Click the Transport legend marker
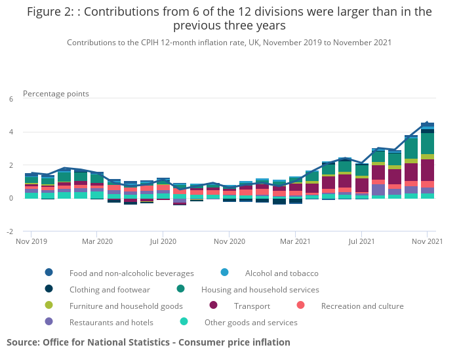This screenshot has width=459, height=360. pyautogui.click(x=213, y=306)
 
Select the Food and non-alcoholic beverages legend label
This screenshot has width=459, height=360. pyautogui.click(x=131, y=273)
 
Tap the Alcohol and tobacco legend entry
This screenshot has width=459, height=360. pyautogui.click(x=281, y=273)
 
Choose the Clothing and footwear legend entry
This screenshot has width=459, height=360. pyautogui.click(x=110, y=289)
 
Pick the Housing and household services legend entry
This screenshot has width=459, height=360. pyautogui.click(x=260, y=289)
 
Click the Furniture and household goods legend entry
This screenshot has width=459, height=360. pyautogui.click(x=126, y=306)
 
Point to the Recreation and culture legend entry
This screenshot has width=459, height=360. pyautogui.click(x=362, y=306)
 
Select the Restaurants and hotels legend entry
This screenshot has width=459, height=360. pyautogui.click(x=111, y=322)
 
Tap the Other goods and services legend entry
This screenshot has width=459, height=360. pyautogui.click(x=250, y=322)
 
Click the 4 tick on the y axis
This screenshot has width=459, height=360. pyautogui.click(x=10, y=132)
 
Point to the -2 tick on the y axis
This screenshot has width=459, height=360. pyautogui.click(x=10, y=231)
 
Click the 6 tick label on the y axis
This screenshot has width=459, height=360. pyautogui.click(x=10, y=99)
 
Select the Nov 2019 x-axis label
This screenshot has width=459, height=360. pyautogui.click(x=31, y=242)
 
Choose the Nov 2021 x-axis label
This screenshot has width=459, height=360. pyautogui.click(x=428, y=242)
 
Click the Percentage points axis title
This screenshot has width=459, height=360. pyautogui.click(x=56, y=94)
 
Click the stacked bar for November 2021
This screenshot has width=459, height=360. pyautogui.click(x=428, y=161)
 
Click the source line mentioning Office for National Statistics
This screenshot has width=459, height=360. pyautogui.click(x=148, y=342)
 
